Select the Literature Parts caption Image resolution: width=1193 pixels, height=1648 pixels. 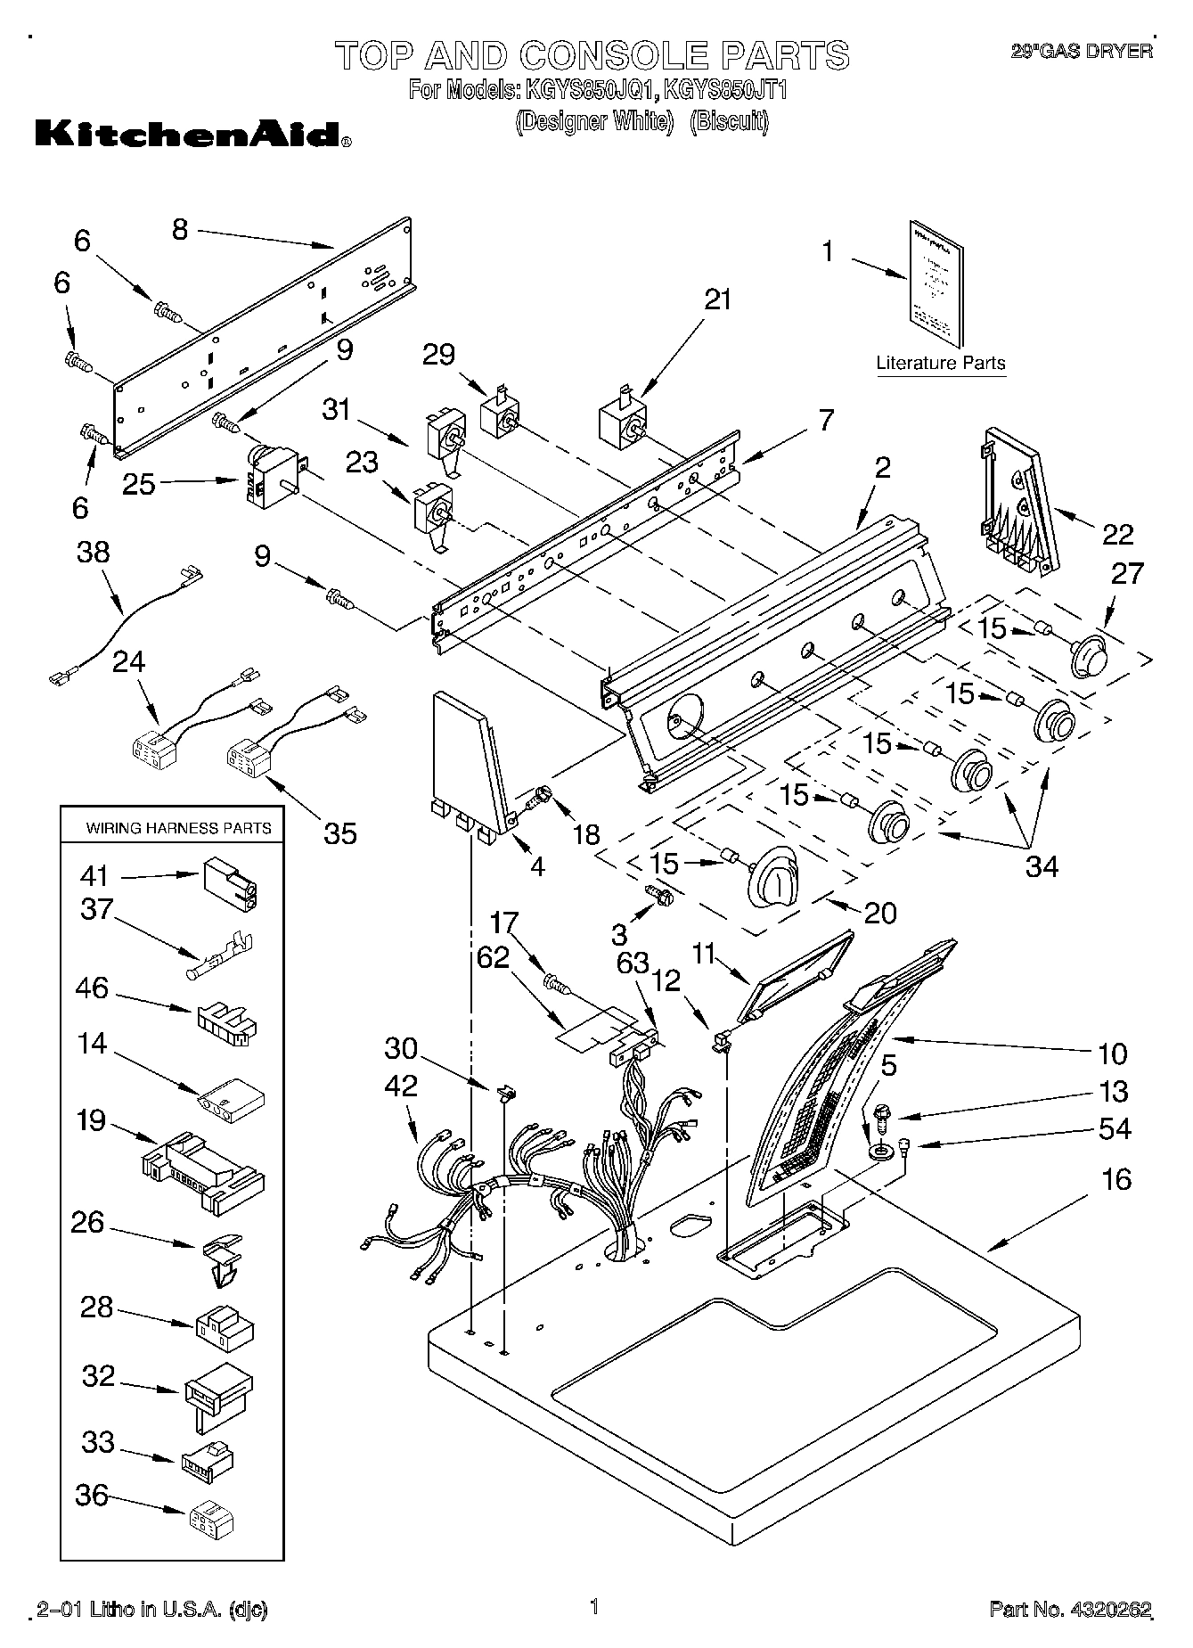click(941, 363)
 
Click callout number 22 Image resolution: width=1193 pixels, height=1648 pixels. click(1118, 534)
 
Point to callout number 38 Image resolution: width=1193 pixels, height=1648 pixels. click(94, 553)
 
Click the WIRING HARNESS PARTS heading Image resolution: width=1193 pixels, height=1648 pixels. click(178, 828)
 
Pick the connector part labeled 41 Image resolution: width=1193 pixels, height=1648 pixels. click(231, 881)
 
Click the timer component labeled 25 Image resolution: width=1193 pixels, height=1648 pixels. click(271, 478)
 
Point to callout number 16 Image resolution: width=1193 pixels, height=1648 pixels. click(1116, 1180)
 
